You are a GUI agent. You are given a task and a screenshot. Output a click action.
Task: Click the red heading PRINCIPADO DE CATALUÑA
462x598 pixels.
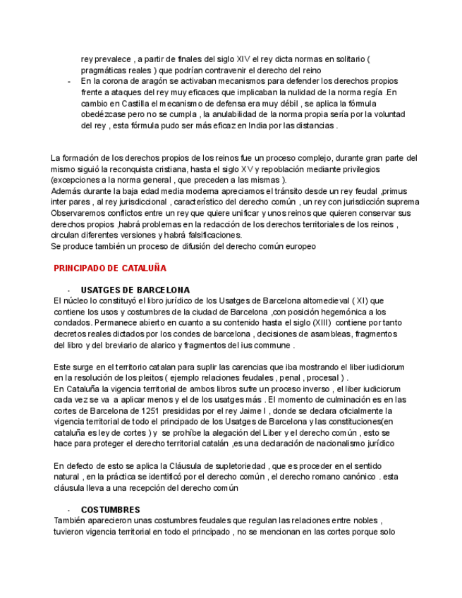110,268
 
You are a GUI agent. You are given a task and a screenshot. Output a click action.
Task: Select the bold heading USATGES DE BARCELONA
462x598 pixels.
135,290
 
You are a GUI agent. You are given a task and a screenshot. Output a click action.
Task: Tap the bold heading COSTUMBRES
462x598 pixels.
110,509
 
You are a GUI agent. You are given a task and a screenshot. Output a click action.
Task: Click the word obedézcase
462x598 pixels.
103,115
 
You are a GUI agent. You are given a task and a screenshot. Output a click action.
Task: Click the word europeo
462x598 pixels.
298,246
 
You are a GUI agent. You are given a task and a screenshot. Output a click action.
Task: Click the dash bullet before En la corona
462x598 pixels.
68,82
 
